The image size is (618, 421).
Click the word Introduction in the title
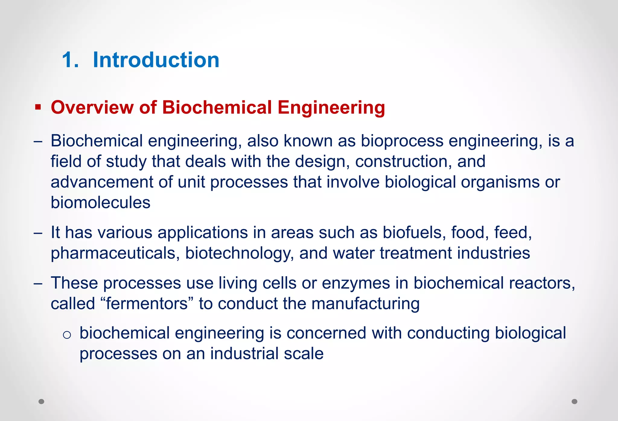[156, 60]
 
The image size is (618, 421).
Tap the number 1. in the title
[70, 60]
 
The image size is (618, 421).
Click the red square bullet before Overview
[38, 107]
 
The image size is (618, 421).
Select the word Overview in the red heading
[92, 107]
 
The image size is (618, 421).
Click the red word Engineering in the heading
[331, 108]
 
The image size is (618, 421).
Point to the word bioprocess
[402, 141]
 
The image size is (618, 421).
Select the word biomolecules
[100, 203]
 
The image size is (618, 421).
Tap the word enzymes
[356, 283]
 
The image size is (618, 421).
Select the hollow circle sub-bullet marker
[67, 335]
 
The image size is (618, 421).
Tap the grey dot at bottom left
[42, 401]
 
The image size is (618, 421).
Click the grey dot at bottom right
[575, 401]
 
